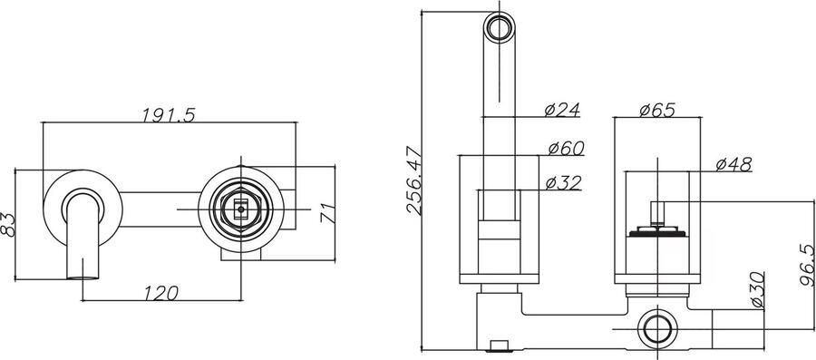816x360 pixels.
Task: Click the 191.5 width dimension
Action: coord(169,115)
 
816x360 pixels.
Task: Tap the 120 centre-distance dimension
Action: coord(160,294)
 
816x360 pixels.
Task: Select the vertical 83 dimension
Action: coord(8,225)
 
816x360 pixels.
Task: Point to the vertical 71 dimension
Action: coord(326,212)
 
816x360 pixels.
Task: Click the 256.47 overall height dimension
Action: coord(414,180)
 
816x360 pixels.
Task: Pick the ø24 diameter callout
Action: coord(562,110)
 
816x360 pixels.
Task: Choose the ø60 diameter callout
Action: coord(566,149)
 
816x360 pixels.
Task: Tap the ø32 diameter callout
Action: coord(563,183)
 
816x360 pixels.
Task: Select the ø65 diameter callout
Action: coord(657,111)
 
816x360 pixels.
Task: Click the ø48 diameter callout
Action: coord(733,164)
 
